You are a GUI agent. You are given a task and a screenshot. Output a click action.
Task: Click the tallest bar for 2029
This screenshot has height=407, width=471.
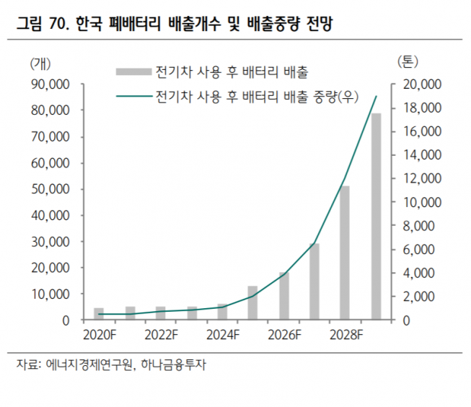point(376,216)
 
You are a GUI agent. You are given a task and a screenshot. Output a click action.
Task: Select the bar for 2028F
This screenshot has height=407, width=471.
point(345,253)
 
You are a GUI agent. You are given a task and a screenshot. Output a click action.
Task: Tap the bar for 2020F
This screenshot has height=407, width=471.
point(99,314)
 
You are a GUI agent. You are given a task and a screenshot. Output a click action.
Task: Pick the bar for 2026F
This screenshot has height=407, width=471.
point(283,296)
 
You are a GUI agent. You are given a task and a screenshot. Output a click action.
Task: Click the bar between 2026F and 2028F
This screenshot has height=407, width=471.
point(314,281)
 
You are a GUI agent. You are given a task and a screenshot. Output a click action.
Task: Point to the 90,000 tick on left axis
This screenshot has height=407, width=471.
point(50,84)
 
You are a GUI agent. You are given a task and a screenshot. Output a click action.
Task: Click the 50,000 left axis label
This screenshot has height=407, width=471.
point(50,189)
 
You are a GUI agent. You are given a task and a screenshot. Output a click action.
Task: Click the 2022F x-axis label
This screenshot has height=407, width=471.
point(160,335)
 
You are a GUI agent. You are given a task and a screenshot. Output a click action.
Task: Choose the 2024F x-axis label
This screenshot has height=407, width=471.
point(222,335)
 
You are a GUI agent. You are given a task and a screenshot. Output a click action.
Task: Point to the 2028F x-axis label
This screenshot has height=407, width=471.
point(345,335)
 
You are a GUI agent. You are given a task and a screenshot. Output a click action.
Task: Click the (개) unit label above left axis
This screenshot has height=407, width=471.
point(42,63)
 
